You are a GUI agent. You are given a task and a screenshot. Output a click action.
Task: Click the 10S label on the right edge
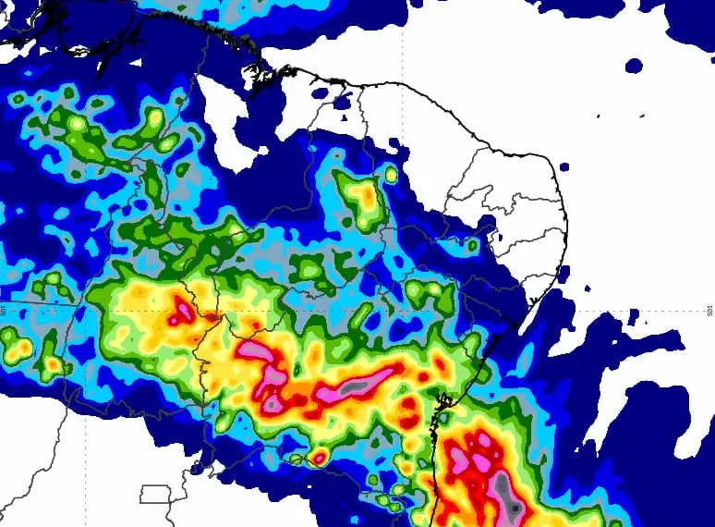coord(709,310)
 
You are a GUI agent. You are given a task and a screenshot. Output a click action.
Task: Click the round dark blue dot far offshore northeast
coord(634,65)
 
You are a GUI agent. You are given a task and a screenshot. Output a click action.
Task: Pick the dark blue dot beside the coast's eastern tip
coord(563,167)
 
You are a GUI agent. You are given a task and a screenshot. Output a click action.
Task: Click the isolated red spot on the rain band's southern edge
coord(319,457)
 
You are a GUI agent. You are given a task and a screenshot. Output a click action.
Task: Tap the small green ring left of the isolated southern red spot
coord(297,459)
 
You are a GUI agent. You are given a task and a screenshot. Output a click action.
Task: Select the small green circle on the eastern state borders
coord(472,246)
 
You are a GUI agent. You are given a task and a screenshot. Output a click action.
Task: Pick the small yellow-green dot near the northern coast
coord(392,175)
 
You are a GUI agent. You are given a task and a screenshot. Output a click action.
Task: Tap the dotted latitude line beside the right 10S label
coord(647,311)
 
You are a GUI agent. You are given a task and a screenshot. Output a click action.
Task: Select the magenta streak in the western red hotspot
coord(181,312)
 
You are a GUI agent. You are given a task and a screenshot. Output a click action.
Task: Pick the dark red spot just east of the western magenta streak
coord(212,317)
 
